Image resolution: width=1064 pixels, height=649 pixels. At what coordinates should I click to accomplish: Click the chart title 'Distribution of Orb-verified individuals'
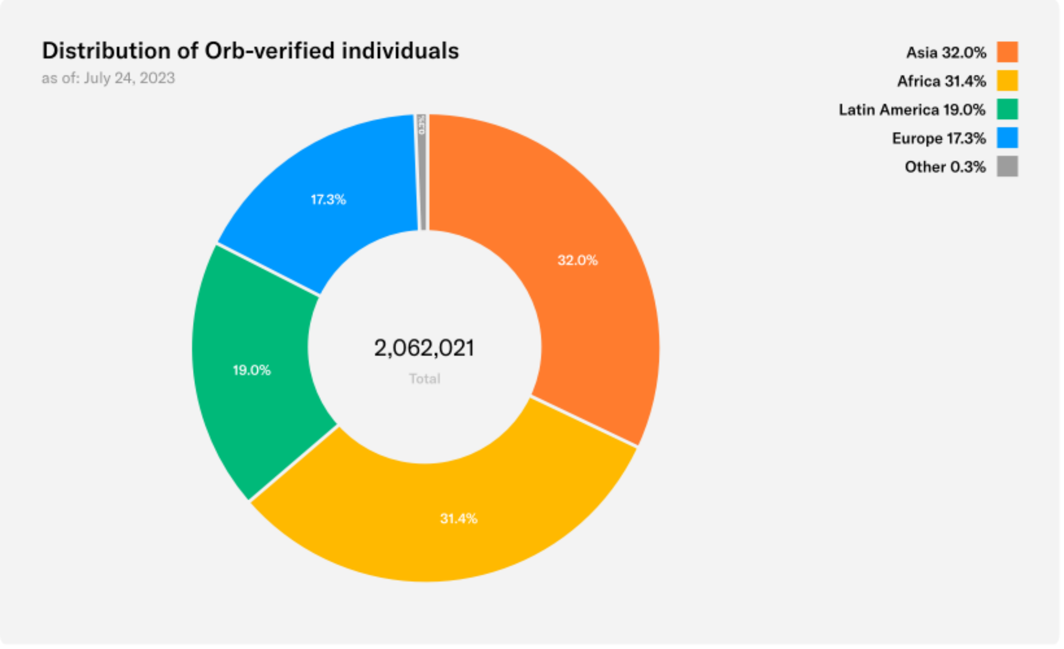(250, 50)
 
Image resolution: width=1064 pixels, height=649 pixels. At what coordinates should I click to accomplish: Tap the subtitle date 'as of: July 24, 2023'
(108, 78)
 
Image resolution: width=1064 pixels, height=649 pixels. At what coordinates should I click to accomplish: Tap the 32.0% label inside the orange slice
(577, 260)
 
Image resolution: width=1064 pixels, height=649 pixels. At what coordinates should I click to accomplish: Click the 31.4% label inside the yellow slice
(458, 519)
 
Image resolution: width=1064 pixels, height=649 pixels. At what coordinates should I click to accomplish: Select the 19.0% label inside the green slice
(251, 370)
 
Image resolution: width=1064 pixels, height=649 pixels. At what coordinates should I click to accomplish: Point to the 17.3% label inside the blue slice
(328, 200)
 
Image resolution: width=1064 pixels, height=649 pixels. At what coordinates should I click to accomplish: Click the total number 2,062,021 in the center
(424, 348)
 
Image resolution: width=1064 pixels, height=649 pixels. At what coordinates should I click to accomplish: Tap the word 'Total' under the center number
(425, 379)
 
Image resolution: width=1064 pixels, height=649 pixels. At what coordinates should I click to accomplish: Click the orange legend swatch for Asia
(1007, 52)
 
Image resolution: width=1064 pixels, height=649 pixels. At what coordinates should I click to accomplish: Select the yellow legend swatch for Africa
(1007, 81)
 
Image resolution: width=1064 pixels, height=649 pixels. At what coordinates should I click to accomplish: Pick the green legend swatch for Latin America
(1007, 109)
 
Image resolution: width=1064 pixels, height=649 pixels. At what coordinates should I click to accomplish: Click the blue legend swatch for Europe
(1007, 138)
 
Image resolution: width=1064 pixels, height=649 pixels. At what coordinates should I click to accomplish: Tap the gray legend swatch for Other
(1007, 166)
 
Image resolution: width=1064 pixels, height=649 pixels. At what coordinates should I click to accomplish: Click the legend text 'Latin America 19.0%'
(912, 110)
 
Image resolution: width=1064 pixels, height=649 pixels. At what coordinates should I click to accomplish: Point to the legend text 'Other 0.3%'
(945, 167)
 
